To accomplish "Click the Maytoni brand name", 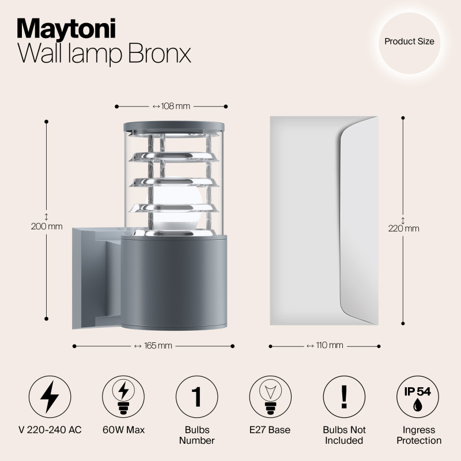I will pos(67,27).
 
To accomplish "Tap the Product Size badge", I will pos(409,41).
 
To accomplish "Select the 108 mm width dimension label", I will pos(171,106).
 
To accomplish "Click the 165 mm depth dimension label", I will pos(153,346).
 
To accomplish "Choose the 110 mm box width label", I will pos(324,346).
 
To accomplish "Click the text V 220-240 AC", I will pos(50,430).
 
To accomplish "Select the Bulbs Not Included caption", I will pos(344,435).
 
